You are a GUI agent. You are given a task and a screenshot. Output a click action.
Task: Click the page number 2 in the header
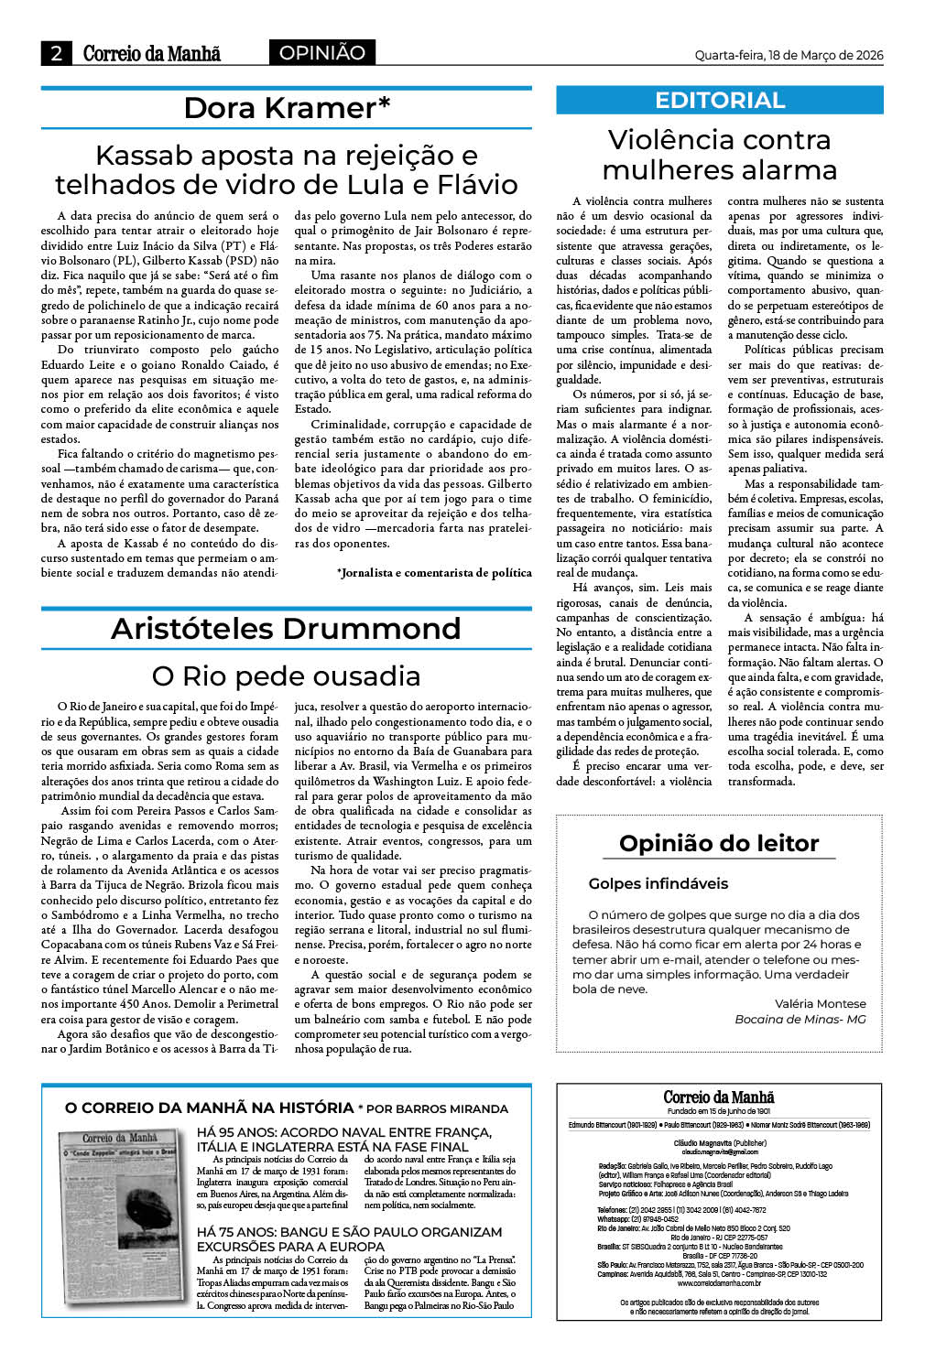56,53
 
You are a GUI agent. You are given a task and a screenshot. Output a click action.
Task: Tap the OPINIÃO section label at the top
321,53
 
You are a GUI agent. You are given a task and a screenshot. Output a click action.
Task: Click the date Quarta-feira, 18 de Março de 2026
789,55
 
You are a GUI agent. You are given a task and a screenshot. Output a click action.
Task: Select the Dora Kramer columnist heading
287,108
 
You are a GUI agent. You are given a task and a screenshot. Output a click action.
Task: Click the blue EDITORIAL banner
720,101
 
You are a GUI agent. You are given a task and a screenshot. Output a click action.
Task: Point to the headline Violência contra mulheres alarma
720,155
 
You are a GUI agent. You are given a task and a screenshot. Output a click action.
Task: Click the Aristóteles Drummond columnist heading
286,629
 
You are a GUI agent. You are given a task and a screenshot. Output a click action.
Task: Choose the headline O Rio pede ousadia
286,676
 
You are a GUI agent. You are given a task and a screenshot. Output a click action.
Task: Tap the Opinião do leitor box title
719,843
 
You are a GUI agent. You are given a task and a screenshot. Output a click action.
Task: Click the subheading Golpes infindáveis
658,883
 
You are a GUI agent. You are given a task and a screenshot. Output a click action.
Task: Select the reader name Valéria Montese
820,1003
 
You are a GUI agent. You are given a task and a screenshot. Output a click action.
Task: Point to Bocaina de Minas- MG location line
800,1019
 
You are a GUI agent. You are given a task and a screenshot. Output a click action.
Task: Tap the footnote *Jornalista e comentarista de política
434,573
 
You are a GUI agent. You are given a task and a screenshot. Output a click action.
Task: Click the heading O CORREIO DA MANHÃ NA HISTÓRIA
209,1108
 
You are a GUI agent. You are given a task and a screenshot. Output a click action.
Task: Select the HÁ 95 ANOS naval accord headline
344,1140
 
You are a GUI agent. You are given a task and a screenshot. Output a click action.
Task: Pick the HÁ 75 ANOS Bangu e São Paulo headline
349,1239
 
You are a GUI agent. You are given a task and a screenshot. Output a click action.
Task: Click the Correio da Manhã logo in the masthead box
719,1097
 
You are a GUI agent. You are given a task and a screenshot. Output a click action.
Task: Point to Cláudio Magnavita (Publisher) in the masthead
719,1143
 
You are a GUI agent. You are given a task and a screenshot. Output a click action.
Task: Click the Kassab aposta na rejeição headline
286,169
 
